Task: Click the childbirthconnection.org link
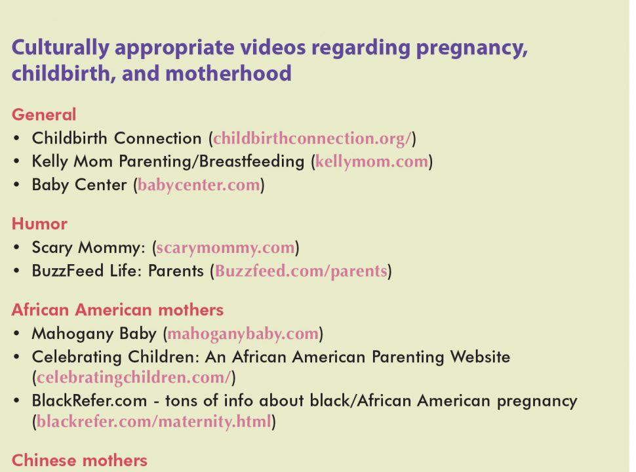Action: point(312,139)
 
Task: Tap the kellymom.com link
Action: point(372,162)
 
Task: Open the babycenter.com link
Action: point(199,186)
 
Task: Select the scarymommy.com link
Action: point(226,248)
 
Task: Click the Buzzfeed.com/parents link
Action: point(301,271)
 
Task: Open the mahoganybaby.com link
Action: point(243,334)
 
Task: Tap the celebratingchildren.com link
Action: point(134,378)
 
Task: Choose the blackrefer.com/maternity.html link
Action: point(153,422)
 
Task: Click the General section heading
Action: point(44,115)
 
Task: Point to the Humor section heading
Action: point(39,224)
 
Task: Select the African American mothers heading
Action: point(117,310)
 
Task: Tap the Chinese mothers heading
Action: point(79,461)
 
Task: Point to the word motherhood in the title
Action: point(228,73)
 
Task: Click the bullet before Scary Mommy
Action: point(16,247)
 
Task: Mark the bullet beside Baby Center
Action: point(16,185)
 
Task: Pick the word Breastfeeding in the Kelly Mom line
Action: point(252,161)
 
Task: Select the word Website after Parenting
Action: point(480,357)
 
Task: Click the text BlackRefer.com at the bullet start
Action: point(89,401)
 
